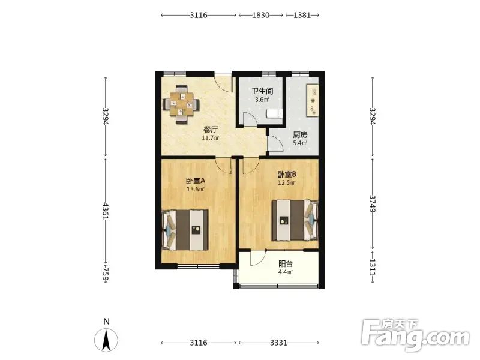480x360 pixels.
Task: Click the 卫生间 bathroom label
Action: tap(262, 91)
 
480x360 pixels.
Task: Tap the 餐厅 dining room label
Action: tap(211, 130)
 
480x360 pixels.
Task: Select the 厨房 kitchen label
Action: tap(300, 134)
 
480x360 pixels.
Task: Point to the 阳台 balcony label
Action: tap(286, 264)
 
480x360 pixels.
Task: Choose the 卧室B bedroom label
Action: tap(287, 175)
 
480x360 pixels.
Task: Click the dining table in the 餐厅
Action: tap(181, 104)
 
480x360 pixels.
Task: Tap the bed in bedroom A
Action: tap(185, 230)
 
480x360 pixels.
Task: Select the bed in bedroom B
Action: tap(295, 220)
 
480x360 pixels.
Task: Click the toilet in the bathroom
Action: tap(274, 113)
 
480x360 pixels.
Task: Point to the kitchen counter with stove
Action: tap(313, 100)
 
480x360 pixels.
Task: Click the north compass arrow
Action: tap(106, 339)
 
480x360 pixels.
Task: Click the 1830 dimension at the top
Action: tap(261, 15)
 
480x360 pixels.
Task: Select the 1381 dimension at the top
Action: tap(302, 15)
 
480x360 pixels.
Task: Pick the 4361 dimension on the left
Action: tap(106, 211)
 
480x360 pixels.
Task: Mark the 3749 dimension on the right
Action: tap(372, 204)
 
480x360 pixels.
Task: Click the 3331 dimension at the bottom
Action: tap(278, 343)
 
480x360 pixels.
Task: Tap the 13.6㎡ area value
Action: tap(196, 189)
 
